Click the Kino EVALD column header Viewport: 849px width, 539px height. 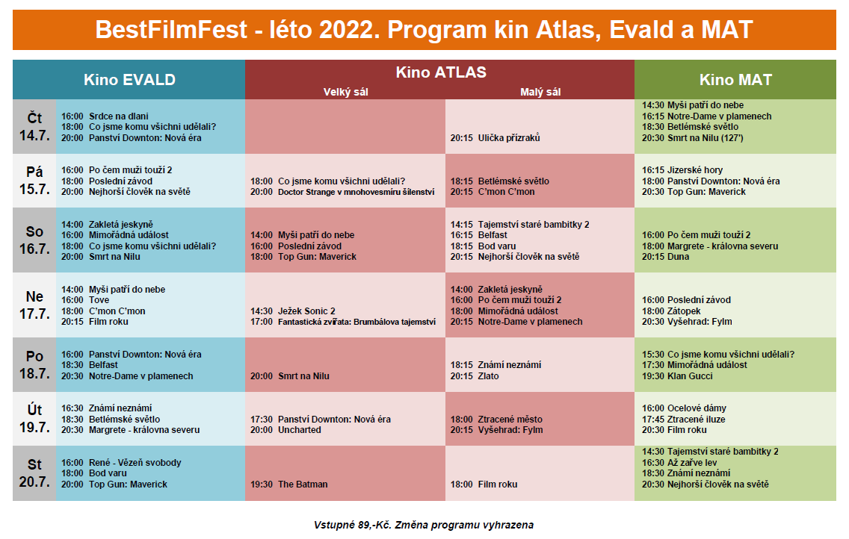[x=129, y=80]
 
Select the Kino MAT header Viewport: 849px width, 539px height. [x=735, y=80]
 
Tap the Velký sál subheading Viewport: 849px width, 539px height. [x=345, y=92]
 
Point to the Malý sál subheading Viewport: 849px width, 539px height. [x=540, y=92]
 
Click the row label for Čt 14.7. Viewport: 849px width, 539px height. [x=34, y=126]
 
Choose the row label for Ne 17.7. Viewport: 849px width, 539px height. [x=34, y=305]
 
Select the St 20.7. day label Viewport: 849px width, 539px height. [x=34, y=473]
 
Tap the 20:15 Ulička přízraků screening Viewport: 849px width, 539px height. [x=495, y=138]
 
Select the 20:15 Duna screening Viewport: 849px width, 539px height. [x=665, y=257]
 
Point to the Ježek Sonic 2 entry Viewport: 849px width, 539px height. [x=292, y=311]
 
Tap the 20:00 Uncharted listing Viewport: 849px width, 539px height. [x=285, y=430]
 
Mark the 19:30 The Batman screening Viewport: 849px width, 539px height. [x=288, y=485]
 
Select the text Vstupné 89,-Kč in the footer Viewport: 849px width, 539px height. [x=353, y=525]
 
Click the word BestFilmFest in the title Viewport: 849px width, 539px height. [x=171, y=30]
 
